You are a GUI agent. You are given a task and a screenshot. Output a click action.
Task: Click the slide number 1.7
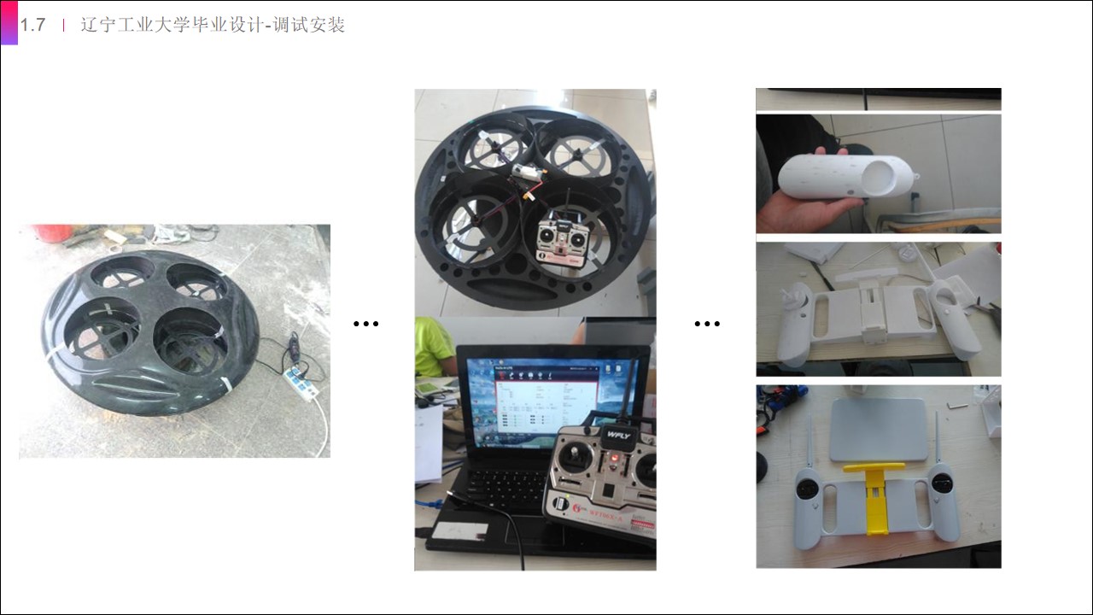click(33, 25)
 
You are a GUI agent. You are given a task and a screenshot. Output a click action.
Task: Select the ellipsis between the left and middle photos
click(365, 324)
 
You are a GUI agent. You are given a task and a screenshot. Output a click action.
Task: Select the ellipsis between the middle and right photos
click(707, 324)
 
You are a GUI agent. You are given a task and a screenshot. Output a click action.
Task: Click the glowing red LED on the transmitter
click(612, 463)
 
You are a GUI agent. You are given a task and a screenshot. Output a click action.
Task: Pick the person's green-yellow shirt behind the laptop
click(433, 346)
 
